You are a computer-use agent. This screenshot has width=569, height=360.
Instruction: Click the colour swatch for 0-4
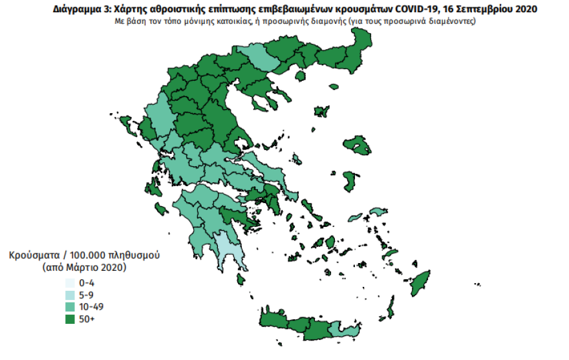(68, 283)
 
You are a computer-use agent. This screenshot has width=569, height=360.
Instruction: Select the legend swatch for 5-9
(68, 295)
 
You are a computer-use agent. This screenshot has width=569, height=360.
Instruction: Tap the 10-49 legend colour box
(68, 306)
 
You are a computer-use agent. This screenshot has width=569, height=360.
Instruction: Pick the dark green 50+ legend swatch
(68, 318)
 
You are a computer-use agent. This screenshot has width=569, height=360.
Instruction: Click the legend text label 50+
(86, 318)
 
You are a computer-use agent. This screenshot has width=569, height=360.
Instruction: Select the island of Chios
(351, 180)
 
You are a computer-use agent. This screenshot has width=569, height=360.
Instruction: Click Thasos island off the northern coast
(299, 76)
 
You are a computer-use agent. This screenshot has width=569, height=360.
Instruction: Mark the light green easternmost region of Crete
(344, 332)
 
